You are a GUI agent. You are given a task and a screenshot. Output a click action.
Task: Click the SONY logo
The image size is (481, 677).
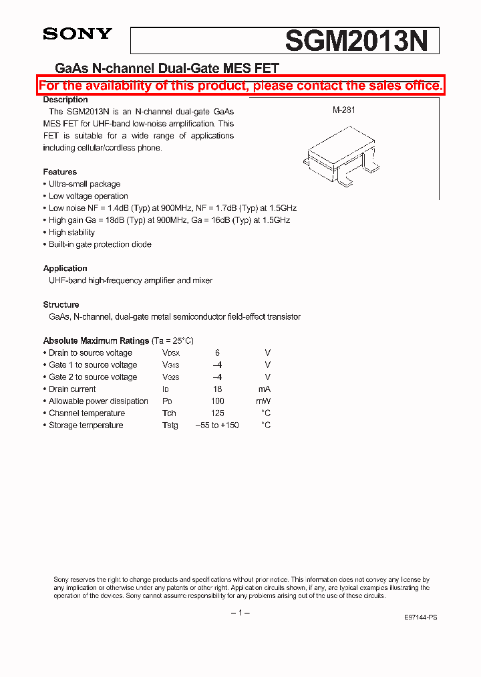pos(77,34)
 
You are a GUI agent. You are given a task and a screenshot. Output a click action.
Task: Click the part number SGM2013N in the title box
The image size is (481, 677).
pos(356,41)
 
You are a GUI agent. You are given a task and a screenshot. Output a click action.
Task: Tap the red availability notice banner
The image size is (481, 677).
pos(240,86)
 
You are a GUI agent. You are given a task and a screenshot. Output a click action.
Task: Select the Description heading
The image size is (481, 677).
pos(65,100)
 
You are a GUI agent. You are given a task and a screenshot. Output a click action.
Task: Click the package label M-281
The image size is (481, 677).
pos(343,110)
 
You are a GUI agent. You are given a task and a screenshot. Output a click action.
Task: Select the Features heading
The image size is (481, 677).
pos(60,172)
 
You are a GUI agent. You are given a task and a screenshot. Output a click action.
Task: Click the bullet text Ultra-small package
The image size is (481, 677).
pos(84,184)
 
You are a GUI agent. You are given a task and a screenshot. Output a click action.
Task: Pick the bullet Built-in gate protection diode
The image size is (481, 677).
pos(100,244)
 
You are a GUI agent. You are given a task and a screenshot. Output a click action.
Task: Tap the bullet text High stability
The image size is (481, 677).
pos(71,232)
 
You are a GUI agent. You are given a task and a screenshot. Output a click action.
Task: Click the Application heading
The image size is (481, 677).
pos(65,268)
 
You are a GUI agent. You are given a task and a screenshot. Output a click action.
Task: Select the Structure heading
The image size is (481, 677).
pos(61,304)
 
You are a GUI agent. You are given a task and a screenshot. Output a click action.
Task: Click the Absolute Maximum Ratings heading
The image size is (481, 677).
pos(96,341)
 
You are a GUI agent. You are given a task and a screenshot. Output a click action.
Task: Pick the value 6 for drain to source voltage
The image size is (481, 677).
pos(217,353)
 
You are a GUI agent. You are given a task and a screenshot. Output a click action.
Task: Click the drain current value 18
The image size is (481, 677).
pos(217,389)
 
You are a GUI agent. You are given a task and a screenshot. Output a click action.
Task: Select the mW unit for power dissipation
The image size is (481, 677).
pos(263,401)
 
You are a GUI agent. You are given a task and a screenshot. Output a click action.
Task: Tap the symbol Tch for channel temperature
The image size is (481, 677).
pos(170,413)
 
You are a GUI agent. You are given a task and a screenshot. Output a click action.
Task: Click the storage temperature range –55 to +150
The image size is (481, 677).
pos(217,425)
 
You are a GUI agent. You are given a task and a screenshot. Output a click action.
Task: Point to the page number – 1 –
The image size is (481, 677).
pos(240,613)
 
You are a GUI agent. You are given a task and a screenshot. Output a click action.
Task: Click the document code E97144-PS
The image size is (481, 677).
pos(421,617)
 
